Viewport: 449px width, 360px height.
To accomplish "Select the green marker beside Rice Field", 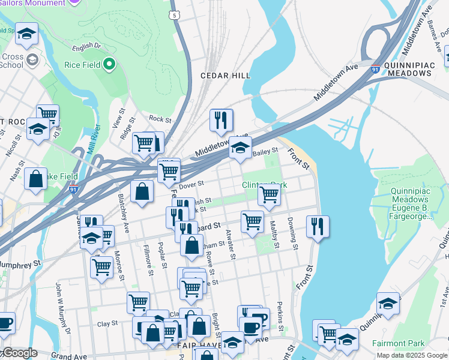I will [109, 63].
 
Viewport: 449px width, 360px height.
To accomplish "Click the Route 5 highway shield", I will [174, 14].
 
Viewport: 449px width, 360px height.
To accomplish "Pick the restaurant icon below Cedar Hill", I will [221, 121].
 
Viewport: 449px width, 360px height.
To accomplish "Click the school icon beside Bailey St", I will [240, 148].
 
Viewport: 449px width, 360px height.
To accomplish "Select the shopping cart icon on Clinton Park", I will [269, 195].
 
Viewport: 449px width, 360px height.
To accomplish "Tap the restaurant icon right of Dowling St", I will [317, 226].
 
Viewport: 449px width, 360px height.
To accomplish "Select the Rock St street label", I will [160, 119].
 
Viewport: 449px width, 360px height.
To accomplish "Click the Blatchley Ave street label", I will [124, 211].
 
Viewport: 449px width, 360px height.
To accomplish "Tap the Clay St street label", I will [107, 323].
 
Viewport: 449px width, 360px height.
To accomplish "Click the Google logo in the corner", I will [20, 353].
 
